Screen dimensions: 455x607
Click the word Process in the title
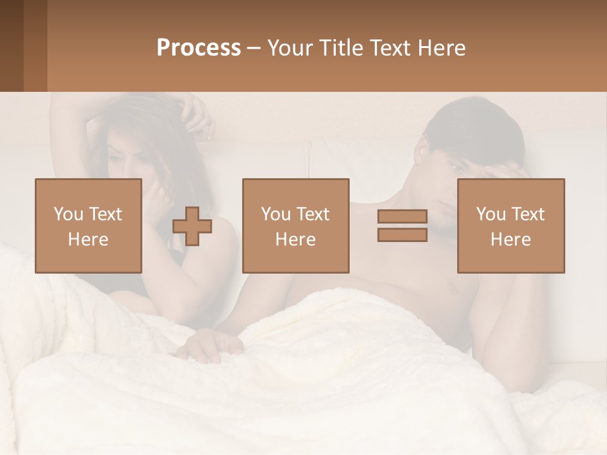click(x=199, y=48)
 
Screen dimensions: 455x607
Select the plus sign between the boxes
click(x=192, y=226)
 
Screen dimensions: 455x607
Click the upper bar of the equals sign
click(x=402, y=217)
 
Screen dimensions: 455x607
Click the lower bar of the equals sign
click(x=402, y=234)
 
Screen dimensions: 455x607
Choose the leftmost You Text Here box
click(x=89, y=226)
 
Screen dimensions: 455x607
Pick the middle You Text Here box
click(x=295, y=226)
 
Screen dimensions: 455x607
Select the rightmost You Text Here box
click(x=510, y=226)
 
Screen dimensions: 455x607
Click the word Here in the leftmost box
click(x=89, y=240)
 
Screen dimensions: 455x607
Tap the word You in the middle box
click(x=276, y=214)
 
